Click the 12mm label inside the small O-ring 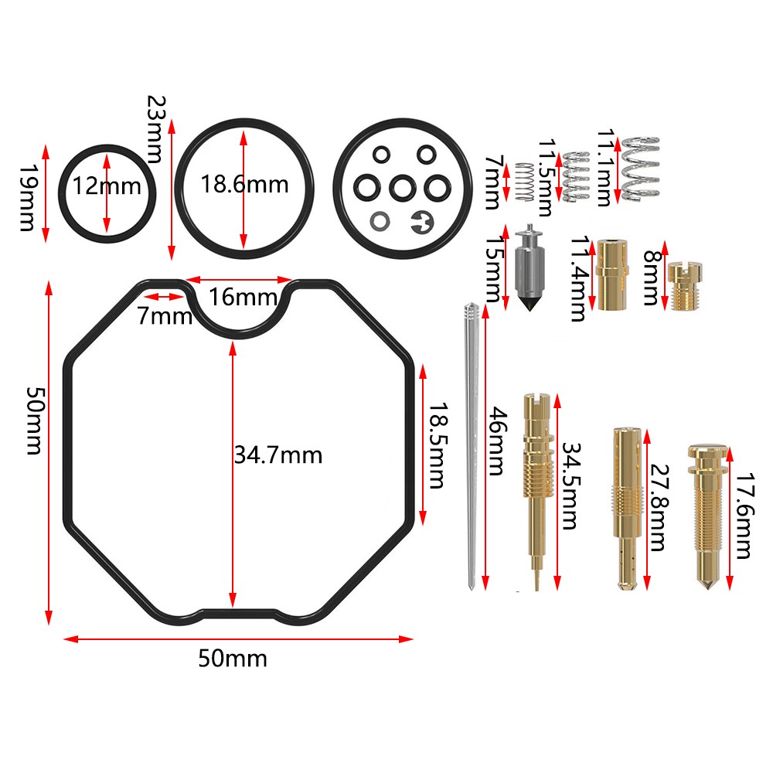[107, 186]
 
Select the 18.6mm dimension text [243, 185]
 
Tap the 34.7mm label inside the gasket [277, 455]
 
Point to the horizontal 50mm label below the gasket [232, 659]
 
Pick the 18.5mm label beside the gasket [437, 445]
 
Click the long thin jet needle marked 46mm [470, 448]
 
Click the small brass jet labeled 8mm [683, 286]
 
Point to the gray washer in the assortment [379, 220]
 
